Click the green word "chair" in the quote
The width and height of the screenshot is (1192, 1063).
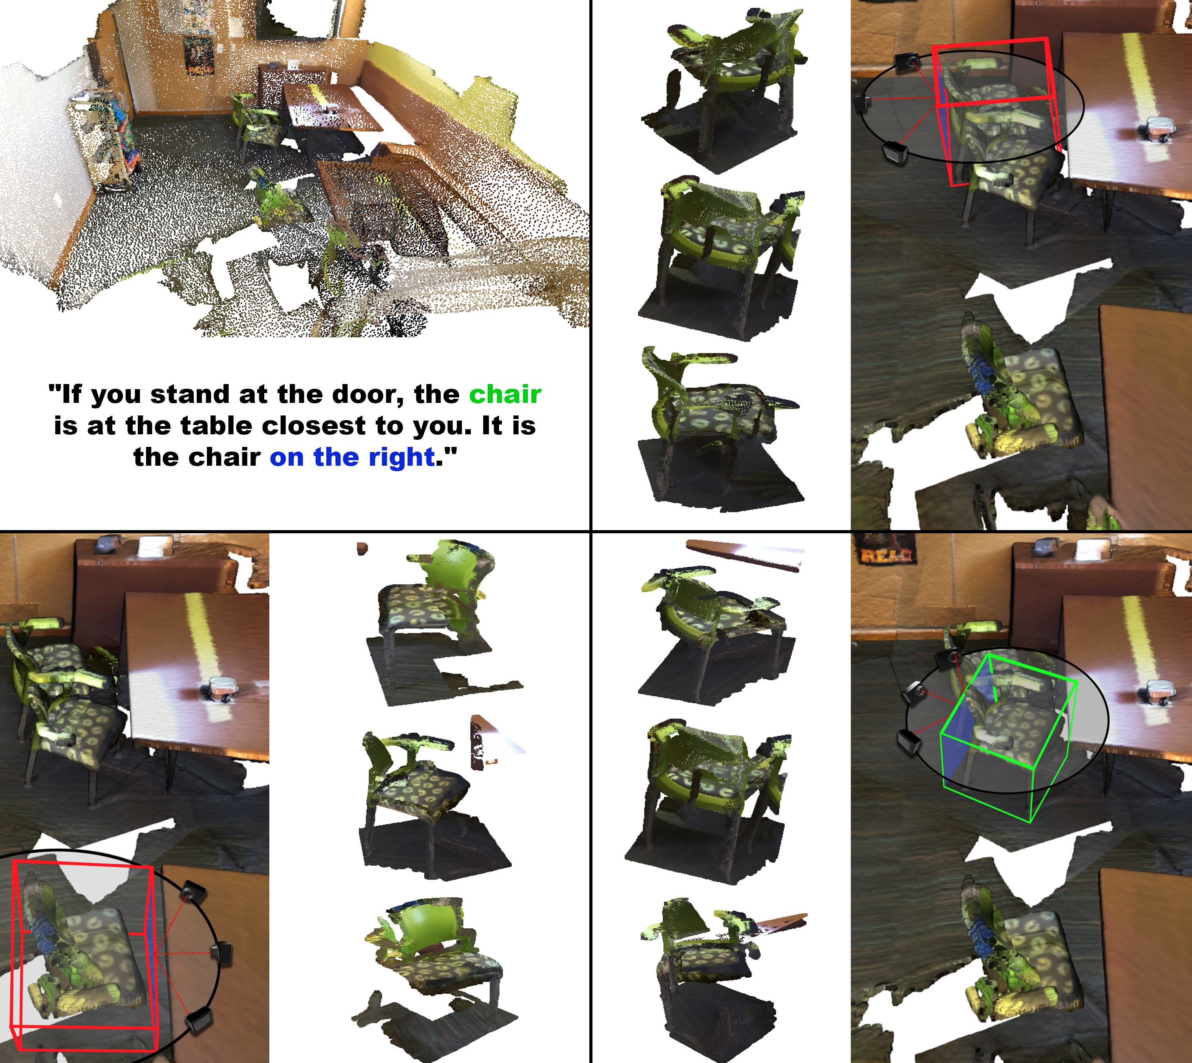tap(505, 394)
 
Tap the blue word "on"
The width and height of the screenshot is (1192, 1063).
tap(287, 457)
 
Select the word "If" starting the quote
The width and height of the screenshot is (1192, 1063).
tap(71, 394)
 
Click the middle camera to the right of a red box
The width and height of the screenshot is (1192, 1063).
tap(221, 954)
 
